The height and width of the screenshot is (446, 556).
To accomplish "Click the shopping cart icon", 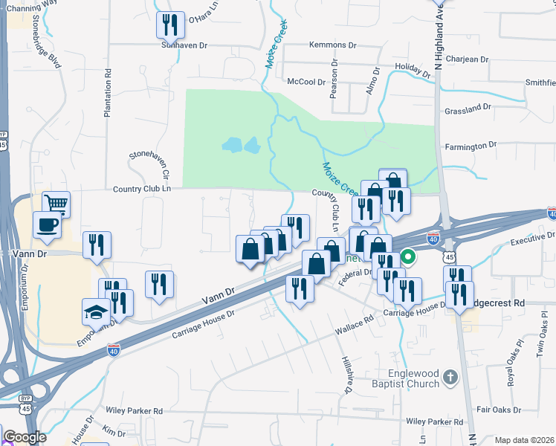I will tap(56, 203).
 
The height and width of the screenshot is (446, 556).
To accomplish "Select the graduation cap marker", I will tap(96, 311).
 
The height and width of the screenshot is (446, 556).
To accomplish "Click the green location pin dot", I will tap(407, 258).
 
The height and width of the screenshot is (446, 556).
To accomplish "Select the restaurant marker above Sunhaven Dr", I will tap(170, 25).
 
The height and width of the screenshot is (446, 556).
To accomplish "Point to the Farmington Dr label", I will tap(471, 146).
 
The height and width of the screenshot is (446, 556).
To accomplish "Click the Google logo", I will tap(25, 437).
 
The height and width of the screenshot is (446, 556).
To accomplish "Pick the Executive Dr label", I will tap(533, 239).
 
